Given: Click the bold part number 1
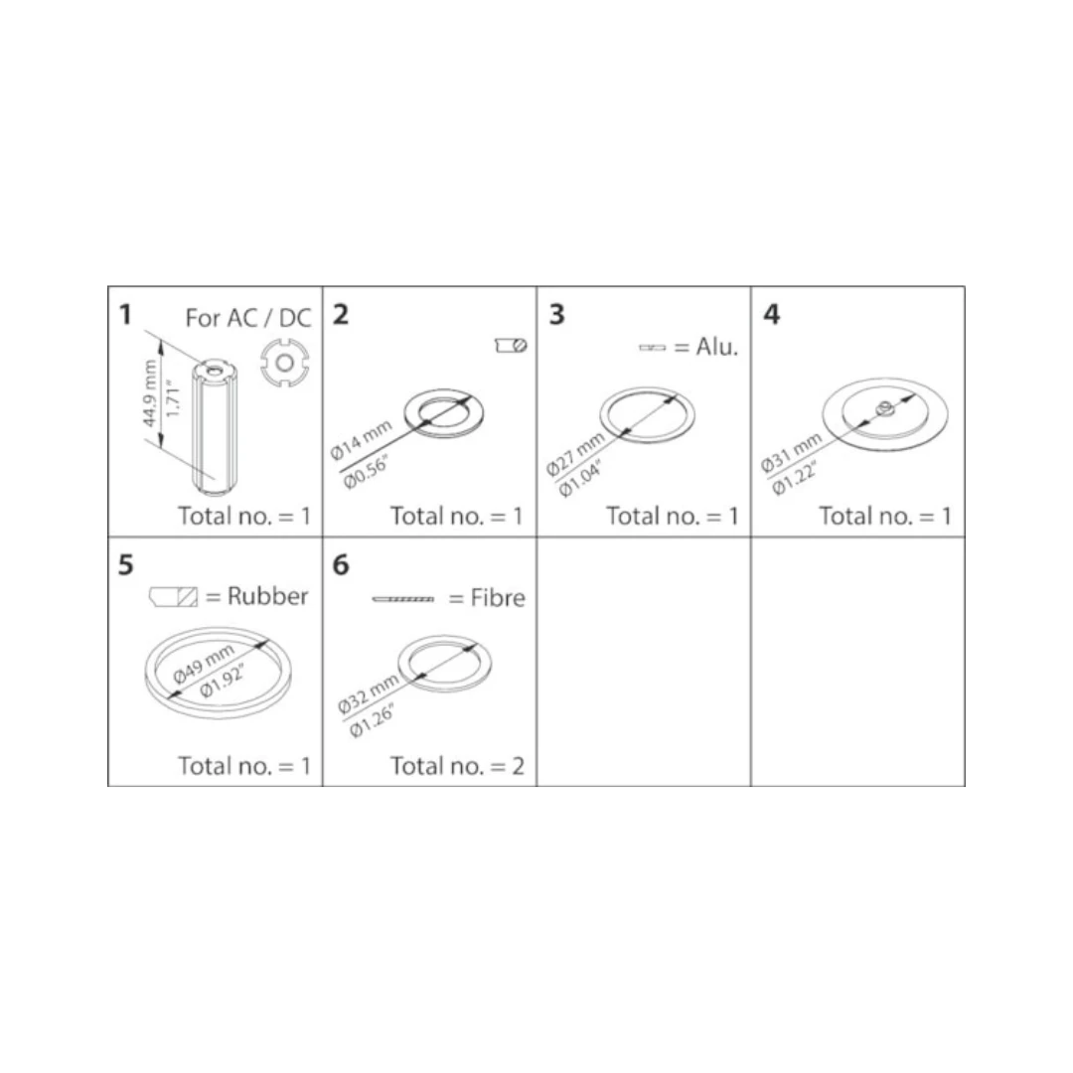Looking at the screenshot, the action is pos(124,315).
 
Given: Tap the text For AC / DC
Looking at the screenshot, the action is pos(248,318).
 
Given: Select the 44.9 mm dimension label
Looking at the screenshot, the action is pos(150,394).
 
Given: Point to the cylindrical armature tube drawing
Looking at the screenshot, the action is pos(215,425).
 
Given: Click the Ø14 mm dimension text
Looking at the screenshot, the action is pos(361,440).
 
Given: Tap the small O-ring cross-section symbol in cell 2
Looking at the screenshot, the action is pos(511,346).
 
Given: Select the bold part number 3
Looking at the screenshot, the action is pos(556,315).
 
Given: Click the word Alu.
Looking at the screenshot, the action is pos(717,347).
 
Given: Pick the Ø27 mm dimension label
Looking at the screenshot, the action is pos(575,455).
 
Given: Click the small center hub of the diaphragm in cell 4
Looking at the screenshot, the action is pos(884,409).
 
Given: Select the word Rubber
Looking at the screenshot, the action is pos(267,596).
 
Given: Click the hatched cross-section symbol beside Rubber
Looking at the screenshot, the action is pos(174,597).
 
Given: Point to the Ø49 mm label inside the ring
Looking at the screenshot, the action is pos(204,664).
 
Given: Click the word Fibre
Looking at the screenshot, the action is pos(498,598).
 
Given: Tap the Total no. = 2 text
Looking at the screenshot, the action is pos(457,766).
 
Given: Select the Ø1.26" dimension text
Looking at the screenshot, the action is pos(373,722).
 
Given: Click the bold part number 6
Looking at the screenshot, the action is pos(340,565).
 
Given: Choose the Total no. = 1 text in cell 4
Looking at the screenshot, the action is pos(885,516).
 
